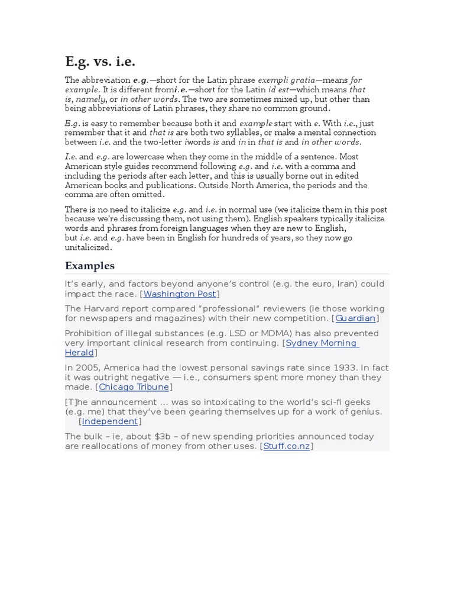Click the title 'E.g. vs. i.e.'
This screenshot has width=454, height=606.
point(100,61)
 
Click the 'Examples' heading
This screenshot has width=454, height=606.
point(90,265)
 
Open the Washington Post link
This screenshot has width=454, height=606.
point(180,294)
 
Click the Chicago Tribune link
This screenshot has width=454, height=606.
point(134,387)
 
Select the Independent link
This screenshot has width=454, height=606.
point(110,421)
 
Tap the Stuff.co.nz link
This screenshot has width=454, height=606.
point(287,446)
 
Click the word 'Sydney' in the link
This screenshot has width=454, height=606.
point(304,343)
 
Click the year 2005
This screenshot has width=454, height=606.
point(84,368)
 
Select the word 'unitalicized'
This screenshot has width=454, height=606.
point(88,247)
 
